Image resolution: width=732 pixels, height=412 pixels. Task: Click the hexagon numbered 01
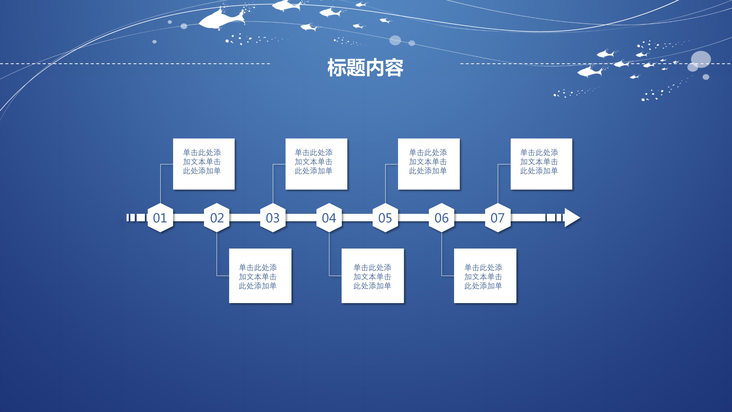tap(160, 218)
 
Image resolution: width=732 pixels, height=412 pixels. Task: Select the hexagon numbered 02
tap(217, 218)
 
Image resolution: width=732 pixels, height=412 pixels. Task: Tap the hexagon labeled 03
tap(273, 218)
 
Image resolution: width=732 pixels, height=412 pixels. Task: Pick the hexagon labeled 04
tap(329, 218)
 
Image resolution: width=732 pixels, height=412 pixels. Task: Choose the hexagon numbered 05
tap(385, 218)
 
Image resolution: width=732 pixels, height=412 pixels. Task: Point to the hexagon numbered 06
tap(442, 218)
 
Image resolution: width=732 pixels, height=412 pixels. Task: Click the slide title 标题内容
tap(365, 68)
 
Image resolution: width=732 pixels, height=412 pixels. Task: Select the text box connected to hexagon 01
tap(204, 164)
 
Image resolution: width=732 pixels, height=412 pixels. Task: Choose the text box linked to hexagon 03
tap(316, 164)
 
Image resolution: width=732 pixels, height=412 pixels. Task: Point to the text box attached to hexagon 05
tap(429, 164)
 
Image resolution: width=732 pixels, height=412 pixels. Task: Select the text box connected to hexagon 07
tap(541, 164)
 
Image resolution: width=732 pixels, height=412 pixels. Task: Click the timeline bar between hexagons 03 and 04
tap(301, 218)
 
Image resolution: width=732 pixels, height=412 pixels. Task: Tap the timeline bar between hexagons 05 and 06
tap(413, 218)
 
